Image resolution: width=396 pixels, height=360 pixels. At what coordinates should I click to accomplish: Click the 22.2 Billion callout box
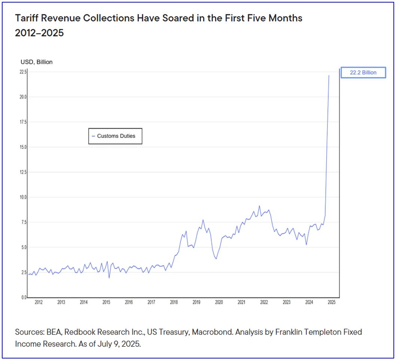pyautogui.click(x=363, y=73)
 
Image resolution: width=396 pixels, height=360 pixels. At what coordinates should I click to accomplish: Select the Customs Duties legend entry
pyautogui.click(x=116, y=136)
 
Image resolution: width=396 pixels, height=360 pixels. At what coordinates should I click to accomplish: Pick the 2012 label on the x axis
pyautogui.click(x=39, y=302)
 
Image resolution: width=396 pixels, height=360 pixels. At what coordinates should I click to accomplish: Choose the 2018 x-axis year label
pyautogui.click(x=174, y=302)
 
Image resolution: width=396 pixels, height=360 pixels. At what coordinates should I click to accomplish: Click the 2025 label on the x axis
pyautogui.click(x=331, y=302)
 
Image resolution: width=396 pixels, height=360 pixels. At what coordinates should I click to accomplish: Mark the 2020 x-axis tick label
pyautogui.click(x=219, y=302)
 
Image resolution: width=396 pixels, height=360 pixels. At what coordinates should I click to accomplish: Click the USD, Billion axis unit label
pyautogui.click(x=36, y=62)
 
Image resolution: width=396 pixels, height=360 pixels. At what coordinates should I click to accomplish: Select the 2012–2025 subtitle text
pyautogui.click(x=39, y=33)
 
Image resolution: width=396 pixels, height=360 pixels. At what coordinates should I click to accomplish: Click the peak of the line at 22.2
pyautogui.click(x=329, y=76)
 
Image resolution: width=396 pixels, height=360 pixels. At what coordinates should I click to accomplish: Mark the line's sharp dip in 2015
pyautogui.click(x=109, y=278)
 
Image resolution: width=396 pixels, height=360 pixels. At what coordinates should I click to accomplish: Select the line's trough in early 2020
pyautogui.click(x=216, y=259)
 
